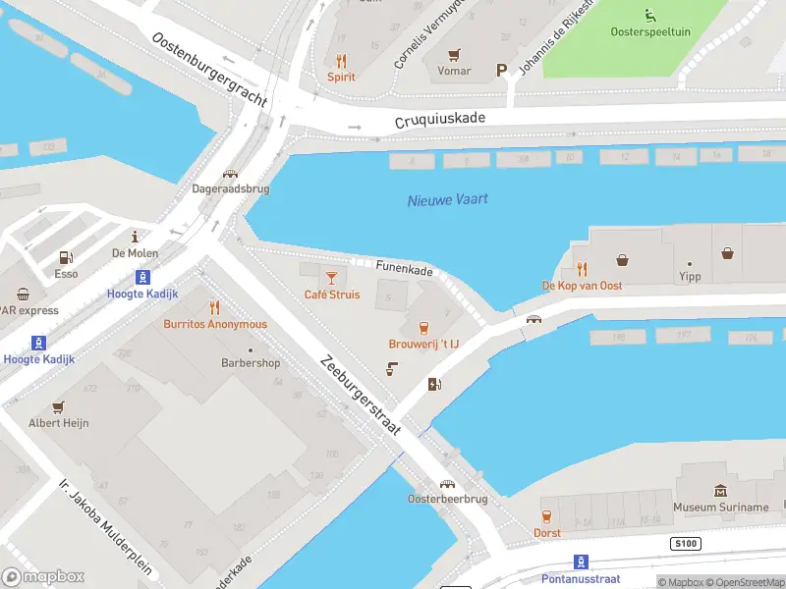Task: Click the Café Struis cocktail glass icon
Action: point(331,278)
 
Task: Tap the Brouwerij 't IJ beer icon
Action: point(423,327)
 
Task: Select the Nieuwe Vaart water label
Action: point(447,199)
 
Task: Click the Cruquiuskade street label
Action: point(440,120)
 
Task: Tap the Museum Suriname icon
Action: point(720,491)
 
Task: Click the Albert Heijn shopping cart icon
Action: point(58,406)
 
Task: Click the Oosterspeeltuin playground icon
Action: point(649,15)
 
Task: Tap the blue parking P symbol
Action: point(502,70)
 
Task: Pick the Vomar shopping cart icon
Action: point(453,54)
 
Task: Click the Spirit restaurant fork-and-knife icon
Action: point(341,60)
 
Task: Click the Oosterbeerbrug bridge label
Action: point(447,499)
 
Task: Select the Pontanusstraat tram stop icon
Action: point(581,562)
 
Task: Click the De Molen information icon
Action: point(136,237)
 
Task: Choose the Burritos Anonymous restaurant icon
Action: point(214,307)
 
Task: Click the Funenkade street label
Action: point(404,266)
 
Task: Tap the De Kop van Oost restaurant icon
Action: point(582,268)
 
